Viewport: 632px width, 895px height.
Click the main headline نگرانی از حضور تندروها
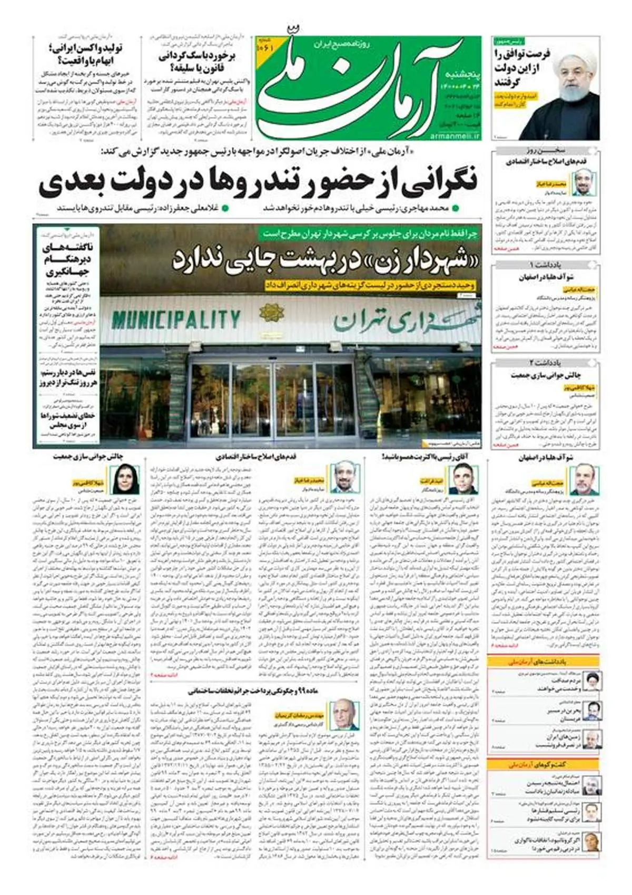tap(258, 181)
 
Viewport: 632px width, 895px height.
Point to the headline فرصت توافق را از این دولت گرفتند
tap(521, 69)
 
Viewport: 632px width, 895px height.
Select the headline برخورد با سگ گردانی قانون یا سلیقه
tap(197, 62)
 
